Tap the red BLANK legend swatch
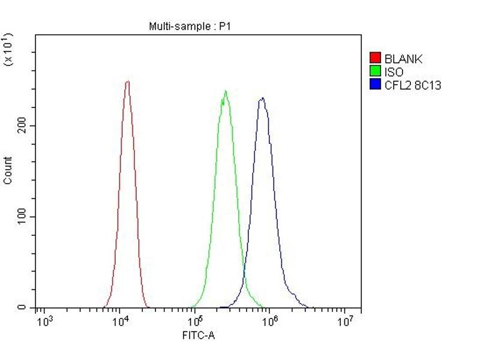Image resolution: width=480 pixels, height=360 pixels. (376, 58)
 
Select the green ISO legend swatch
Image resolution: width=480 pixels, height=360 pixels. (376, 72)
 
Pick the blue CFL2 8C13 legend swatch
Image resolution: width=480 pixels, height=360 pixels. (376, 85)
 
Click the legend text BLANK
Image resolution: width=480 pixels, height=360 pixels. (403, 59)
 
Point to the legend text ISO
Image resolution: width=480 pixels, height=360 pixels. (394, 72)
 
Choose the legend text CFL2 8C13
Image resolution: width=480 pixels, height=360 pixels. (413, 85)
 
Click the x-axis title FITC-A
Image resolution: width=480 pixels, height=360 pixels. (198, 335)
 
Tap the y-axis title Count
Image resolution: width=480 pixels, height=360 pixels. (8, 170)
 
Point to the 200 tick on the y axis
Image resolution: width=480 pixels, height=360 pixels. (23, 126)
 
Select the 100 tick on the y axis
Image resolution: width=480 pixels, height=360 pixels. (23, 217)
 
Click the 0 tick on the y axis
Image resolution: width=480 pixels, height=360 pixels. (23, 308)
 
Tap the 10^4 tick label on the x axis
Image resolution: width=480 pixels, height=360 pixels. (119, 322)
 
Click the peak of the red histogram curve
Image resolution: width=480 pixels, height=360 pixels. (127, 82)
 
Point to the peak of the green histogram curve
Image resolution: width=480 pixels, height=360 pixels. (225, 91)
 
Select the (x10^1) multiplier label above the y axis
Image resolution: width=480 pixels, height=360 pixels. (8, 50)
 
